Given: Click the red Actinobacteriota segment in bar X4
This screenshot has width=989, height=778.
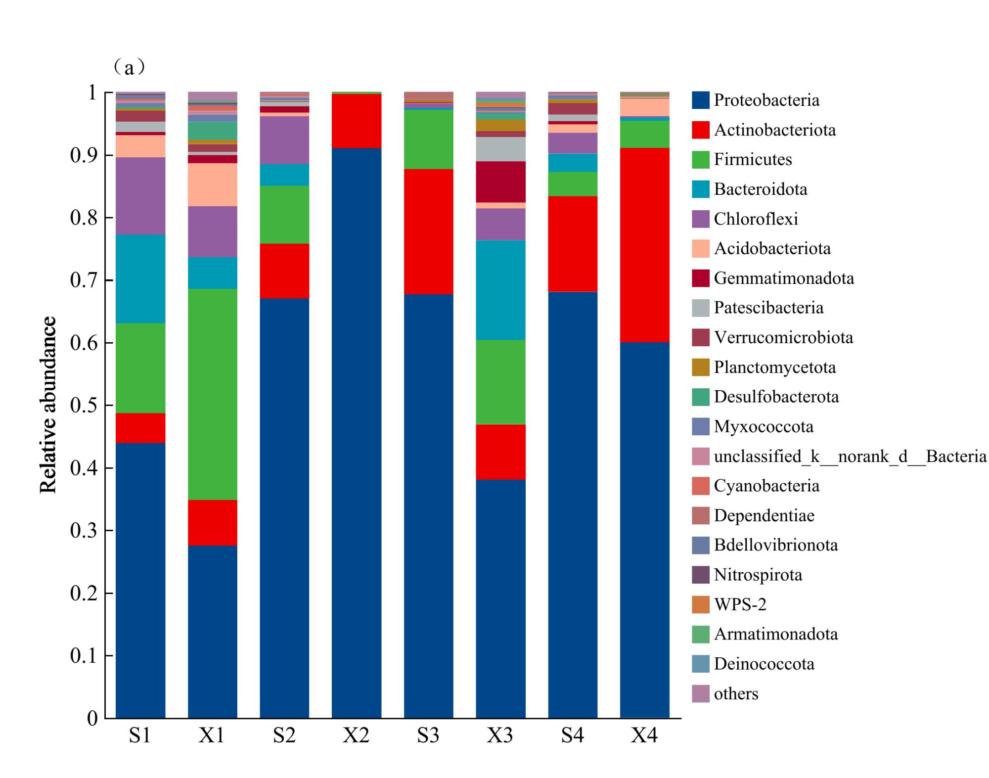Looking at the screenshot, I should (x=644, y=245).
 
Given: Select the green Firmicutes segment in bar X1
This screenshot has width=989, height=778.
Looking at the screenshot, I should (x=212, y=394).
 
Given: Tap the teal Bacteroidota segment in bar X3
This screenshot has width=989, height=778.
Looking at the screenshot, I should (x=500, y=290).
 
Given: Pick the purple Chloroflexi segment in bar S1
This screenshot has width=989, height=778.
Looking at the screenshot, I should (x=140, y=196).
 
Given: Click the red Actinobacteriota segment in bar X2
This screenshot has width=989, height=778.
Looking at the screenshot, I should (x=356, y=121).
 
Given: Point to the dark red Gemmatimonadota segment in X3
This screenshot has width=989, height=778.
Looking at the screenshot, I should (x=500, y=182).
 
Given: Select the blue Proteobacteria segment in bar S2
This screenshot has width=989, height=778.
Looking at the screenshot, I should (x=284, y=508).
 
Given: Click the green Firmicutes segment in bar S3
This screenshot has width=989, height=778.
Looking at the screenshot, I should (x=428, y=139).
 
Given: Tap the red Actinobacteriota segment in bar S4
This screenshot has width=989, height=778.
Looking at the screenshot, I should (x=573, y=244).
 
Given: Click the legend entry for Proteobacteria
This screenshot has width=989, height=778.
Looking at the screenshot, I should (x=766, y=100).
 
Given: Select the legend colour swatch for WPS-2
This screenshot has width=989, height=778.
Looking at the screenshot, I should (x=700, y=604).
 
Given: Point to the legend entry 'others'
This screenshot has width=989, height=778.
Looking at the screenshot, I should (x=735, y=693).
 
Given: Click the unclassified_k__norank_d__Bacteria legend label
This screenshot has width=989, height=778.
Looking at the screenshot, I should (x=850, y=456).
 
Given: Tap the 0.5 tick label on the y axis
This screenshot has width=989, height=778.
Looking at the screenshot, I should (x=84, y=405).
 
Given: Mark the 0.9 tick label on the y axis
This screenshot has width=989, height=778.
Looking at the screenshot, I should (x=84, y=155).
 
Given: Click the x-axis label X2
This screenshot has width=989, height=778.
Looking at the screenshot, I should (x=356, y=736).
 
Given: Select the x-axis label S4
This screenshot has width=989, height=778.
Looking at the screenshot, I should (x=573, y=736).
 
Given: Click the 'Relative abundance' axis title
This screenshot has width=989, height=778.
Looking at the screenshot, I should (x=48, y=405).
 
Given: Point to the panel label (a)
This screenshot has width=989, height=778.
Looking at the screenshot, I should (x=129, y=67).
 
